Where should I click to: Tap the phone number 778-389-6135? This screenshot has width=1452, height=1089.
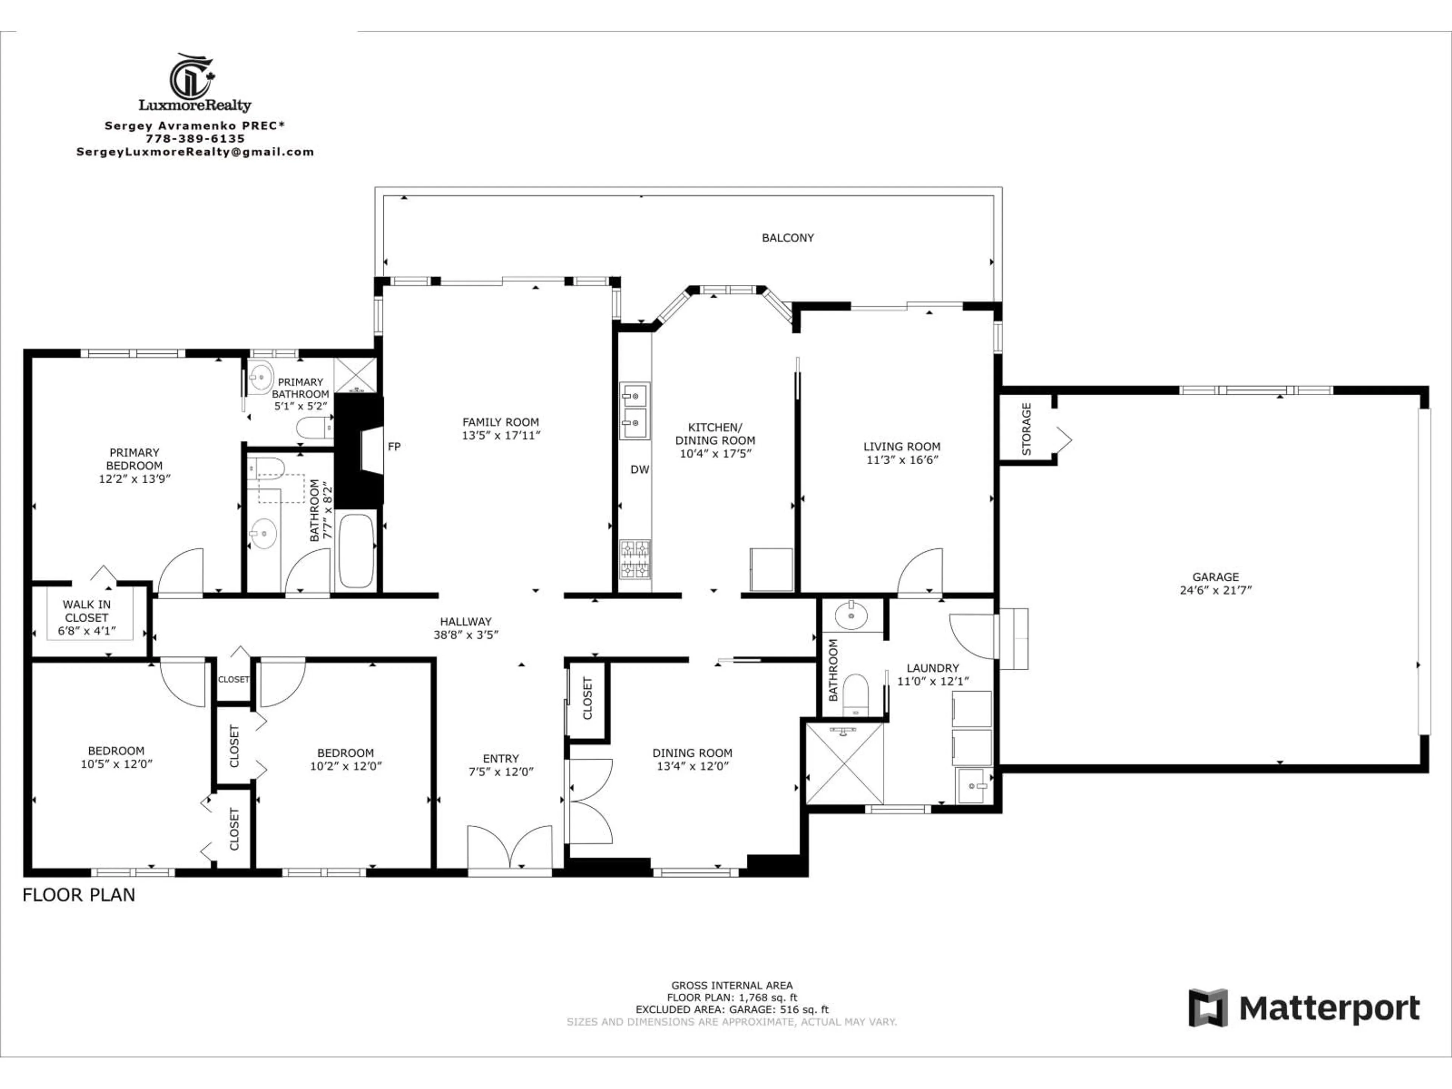195,138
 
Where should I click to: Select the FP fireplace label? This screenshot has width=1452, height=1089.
394,446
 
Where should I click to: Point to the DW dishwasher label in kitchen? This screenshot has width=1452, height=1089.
639,469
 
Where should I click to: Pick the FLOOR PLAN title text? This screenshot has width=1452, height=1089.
79,895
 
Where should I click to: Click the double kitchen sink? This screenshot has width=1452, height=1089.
635,411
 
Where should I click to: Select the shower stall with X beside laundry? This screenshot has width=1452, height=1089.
844,763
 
